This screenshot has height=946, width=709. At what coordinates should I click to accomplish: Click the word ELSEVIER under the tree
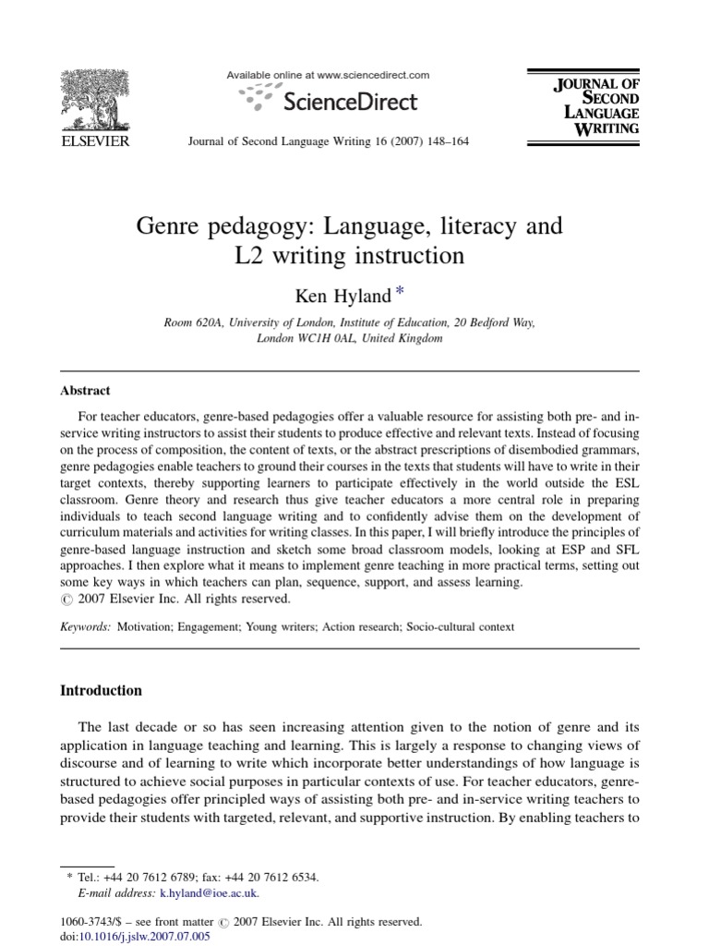pyautogui.click(x=95, y=141)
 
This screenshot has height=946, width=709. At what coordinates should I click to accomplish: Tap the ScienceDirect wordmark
pyautogui.click(x=350, y=101)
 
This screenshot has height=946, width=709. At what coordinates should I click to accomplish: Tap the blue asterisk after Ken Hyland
pyautogui.click(x=399, y=293)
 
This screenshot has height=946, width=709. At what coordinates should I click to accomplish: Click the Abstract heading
pyautogui.click(x=86, y=391)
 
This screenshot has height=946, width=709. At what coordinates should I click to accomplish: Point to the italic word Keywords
pyautogui.click(x=86, y=626)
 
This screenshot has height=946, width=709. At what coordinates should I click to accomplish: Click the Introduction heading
pyautogui.click(x=101, y=691)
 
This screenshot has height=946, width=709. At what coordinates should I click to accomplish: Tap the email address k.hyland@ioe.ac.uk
pyautogui.click(x=210, y=893)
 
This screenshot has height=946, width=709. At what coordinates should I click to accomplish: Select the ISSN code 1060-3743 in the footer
pyautogui.click(x=84, y=921)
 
